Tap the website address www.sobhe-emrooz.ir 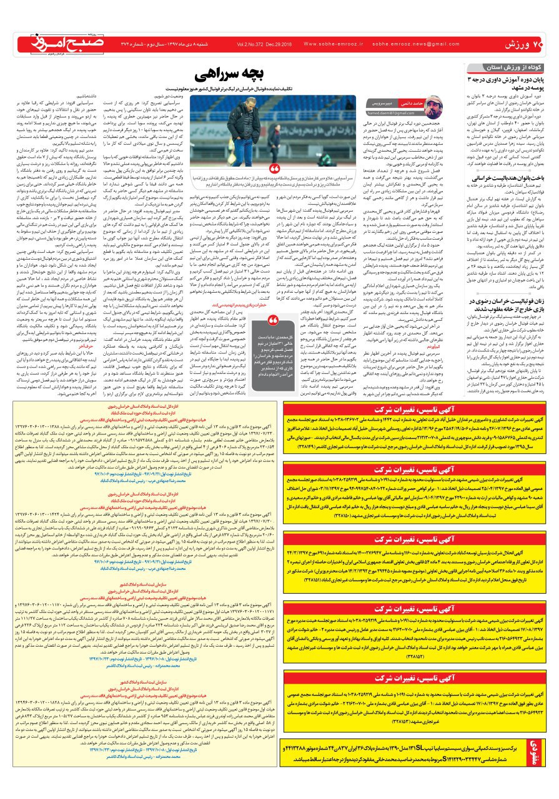point(330,44)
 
